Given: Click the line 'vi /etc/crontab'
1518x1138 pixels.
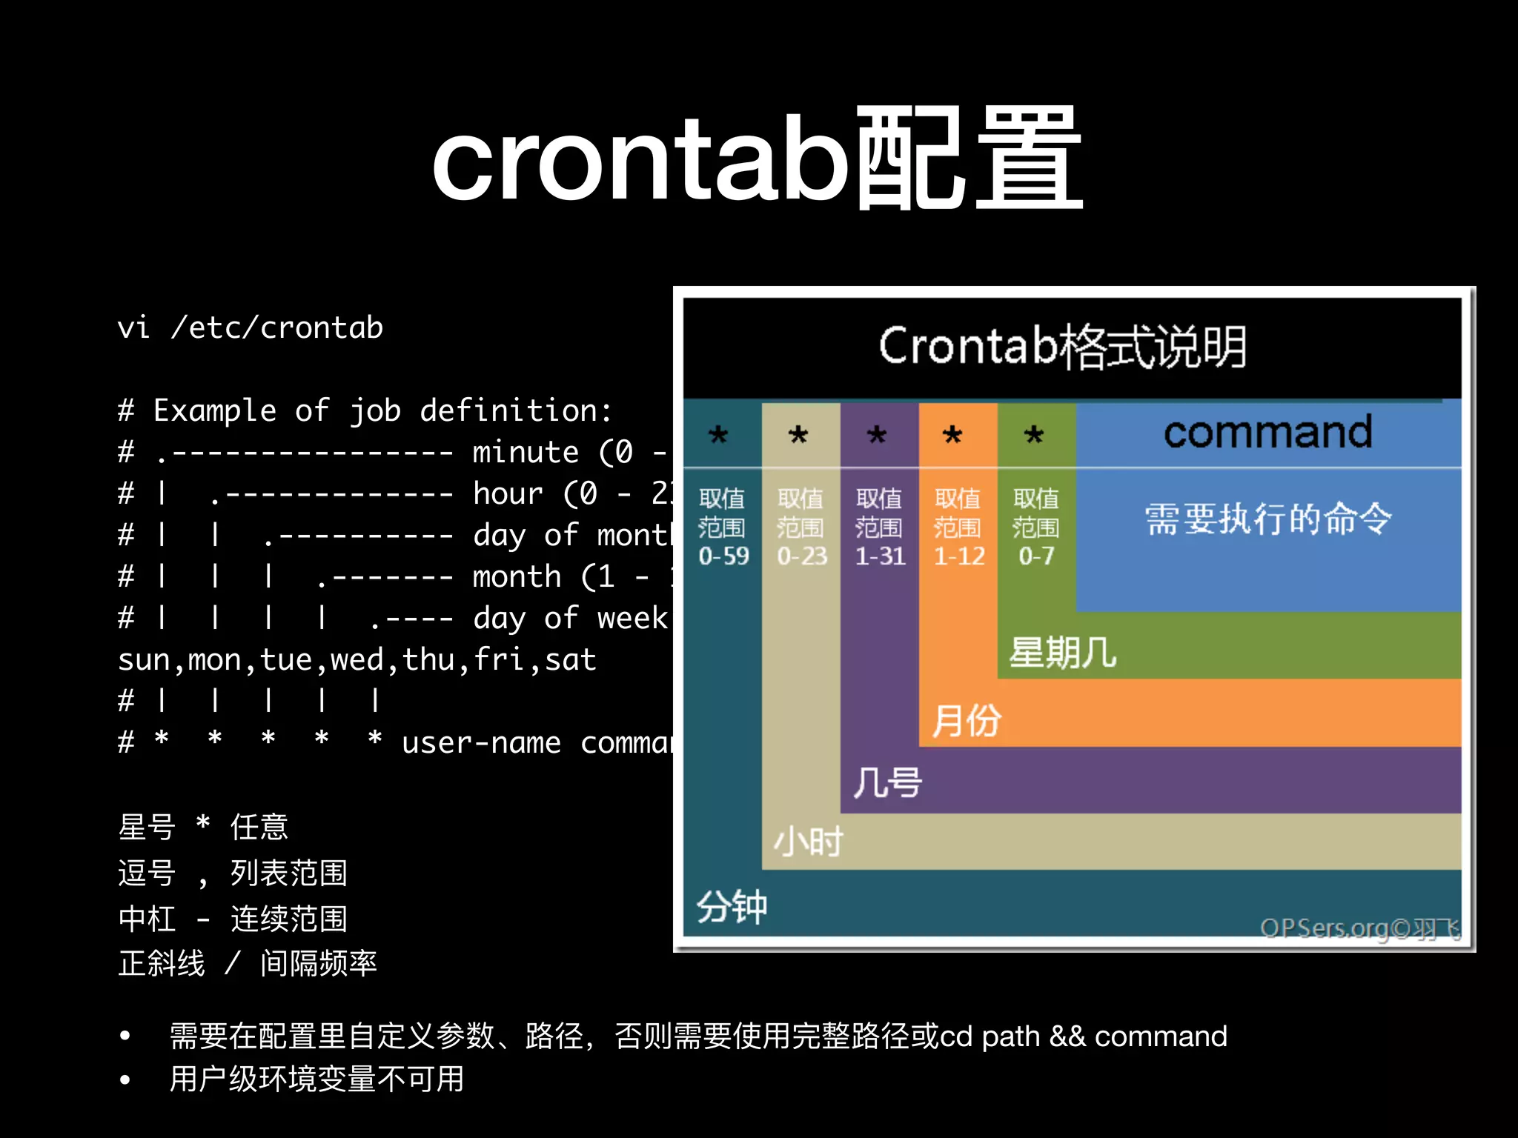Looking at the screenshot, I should click(x=250, y=327).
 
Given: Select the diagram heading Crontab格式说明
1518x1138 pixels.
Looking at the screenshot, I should click(x=1062, y=346).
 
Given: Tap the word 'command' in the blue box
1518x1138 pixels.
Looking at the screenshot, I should click(x=1267, y=432).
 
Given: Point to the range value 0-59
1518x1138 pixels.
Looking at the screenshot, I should click(x=723, y=556).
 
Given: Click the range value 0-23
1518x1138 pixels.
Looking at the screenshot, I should click(x=801, y=556).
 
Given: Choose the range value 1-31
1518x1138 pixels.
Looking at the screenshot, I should click(x=880, y=556).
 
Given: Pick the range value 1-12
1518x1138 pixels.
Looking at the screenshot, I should click(x=958, y=556).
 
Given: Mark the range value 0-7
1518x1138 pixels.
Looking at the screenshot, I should click(x=1035, y=556).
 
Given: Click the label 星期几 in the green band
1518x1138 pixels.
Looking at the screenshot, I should click(x=1062, y=653).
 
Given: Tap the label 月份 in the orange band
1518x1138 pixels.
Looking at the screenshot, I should click(x=966, y=720).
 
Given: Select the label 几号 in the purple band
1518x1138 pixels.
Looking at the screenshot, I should click(x=886, y=782).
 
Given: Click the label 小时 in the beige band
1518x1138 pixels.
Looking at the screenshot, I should click(x=808, y=842).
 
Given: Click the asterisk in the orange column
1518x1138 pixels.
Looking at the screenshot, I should click(x=952, y=435).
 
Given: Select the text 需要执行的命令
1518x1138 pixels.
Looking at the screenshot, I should click(x=1267, y=518).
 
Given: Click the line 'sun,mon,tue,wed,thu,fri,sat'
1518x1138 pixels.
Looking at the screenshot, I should click(x=357, y=659).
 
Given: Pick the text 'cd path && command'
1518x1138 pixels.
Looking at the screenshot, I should click(x=1083, y=1036).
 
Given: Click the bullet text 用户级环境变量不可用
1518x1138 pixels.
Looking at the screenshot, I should click(x=316, y=1079).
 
